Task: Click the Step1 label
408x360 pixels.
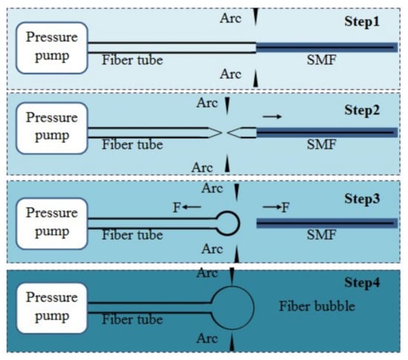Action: click(362, 22)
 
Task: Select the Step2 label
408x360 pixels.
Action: click(362, 111)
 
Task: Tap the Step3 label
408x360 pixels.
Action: click(362, 199)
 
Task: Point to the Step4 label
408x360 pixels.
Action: click(362, 283)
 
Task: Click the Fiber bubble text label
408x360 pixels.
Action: click(317, 306)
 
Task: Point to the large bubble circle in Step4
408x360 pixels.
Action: click(254, 308)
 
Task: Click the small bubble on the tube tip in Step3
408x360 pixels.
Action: click(239, 223)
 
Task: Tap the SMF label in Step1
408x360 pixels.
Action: click(322, 60)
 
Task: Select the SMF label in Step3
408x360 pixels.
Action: click(322, 235)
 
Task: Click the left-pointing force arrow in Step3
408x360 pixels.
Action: click(192, 207)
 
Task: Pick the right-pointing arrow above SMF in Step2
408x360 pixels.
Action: click(272, 117)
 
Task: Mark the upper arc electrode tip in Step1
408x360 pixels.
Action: click(255, 25)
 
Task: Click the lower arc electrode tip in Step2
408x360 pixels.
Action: click(228, 156)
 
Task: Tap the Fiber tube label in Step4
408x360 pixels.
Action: click(132, 319)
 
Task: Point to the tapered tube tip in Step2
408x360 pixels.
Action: click(222, 133)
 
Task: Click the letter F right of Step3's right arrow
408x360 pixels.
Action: click(286, 207)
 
